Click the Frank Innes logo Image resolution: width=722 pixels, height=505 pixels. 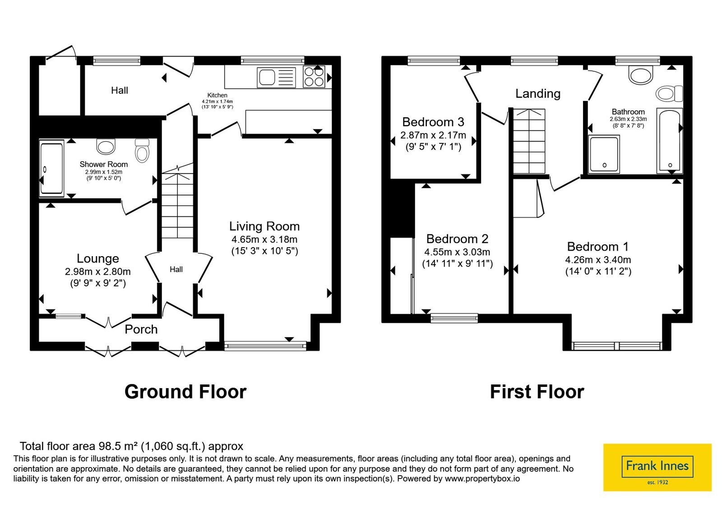pyautogui.click(x=657, y=467)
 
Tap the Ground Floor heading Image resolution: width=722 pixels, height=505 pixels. pyautogui.click(x=185, y=392)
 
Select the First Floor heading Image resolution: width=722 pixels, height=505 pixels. pyautogui.click(x=537, y=392)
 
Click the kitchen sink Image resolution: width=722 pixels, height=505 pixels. pyautogui.click(x=276, y=77)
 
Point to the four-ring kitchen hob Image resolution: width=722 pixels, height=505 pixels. pyautogui.click(x=314, y=77)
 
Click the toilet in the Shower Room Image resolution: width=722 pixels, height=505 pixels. pyautogui.click(x=142, y=151)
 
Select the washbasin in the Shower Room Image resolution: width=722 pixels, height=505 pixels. pyautogui.click(x=106, y=147)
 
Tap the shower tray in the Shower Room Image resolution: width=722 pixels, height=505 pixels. pyautogui.click(x=51, y=168)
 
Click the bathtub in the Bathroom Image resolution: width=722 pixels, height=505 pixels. pyautogui.click(x=670, y=141)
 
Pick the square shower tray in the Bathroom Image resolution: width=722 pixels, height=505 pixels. pyautogui.click(x=604, y=154)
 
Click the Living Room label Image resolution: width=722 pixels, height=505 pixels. pyautogui.click(x=264, y=226)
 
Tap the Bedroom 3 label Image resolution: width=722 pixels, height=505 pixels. pyautogui.click(x=433, y=122)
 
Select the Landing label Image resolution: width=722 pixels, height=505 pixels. pyautogui.click(x=538, y=93)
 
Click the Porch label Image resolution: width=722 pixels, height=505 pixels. pyautogui.click(x=141, y=329)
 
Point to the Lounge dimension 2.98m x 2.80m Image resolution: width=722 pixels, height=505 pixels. pyautogui.click(x=97, y=271)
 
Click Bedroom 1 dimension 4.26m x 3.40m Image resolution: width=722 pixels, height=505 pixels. pyautogui.click(x=598, y=260)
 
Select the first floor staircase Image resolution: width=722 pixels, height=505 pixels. pyautogui.click(x=529, y=141)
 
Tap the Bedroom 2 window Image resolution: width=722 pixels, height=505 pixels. pyautogui.click(x=454, y=318)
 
